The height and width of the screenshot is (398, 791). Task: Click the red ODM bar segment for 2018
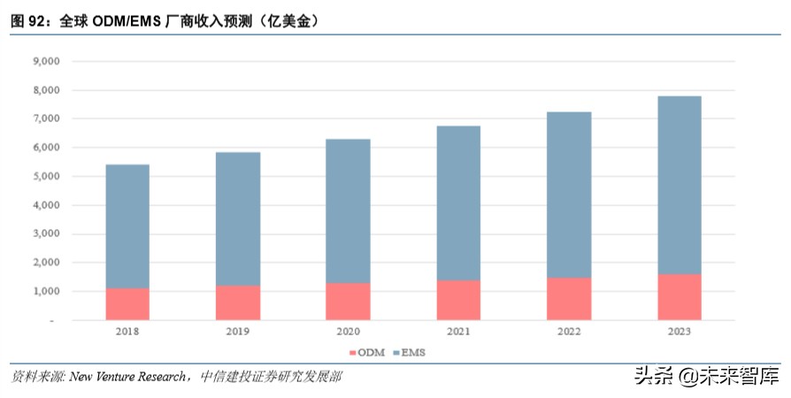(127, 303)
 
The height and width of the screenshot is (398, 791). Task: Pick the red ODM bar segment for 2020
(348, 301)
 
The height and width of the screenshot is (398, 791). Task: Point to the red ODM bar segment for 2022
(569, 298)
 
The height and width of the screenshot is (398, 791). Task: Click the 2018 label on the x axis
(127, 333)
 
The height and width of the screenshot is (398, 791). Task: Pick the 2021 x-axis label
(458, 333)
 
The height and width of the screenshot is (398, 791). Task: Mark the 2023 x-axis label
(680, 333)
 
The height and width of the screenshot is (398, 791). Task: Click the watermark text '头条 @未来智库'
(705, 377)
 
